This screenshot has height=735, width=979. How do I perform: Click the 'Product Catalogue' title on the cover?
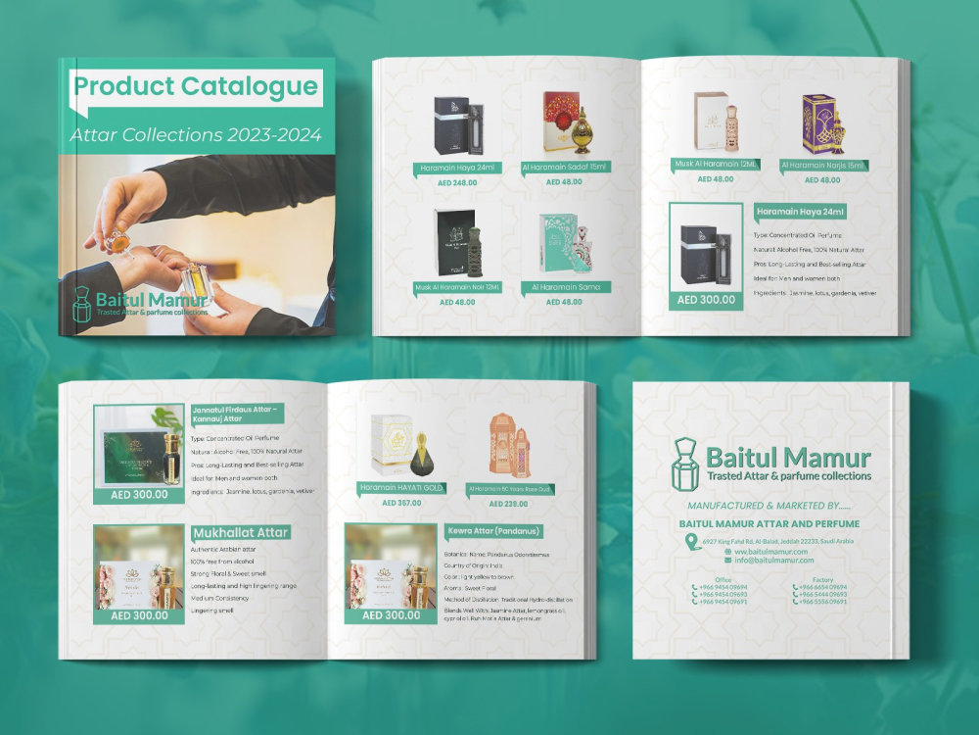(x=196, y=86)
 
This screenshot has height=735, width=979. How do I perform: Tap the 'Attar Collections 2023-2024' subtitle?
(x=196, y=135)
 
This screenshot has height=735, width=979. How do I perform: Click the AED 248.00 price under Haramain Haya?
(x=457, y=182)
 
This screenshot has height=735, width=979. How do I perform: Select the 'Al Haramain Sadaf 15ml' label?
(x=564, y=168)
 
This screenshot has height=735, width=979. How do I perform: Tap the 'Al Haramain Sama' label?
(x=566, y=287)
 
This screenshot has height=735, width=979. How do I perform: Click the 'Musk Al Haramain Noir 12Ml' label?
(x=457, y=287)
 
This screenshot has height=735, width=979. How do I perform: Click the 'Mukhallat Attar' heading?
(x=240, y=532)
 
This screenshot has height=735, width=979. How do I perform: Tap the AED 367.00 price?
(x=402, y=503)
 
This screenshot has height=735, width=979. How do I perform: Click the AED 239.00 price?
(x=509, y=503)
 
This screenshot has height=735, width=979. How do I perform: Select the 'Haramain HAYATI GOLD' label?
(x=402, y=487)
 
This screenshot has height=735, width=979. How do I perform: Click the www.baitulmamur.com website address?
(x=774, y=552)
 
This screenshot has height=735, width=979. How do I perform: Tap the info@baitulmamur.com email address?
(x=774, y=561)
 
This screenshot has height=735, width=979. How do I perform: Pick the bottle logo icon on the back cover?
(x=684, y=465)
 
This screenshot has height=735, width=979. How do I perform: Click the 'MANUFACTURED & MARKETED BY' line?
(x=769, y=506)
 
